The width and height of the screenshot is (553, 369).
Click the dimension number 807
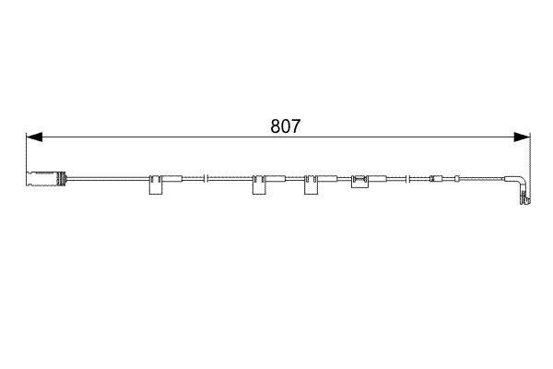(286, 127)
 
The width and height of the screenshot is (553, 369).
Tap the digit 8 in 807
(276, 127)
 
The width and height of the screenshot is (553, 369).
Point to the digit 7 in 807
(296, 127)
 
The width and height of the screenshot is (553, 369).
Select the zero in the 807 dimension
(286, 127)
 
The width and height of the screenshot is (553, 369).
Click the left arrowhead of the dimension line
(33, 137)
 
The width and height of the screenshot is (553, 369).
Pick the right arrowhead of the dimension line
(523, 137)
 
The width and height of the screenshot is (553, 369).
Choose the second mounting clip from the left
(259, 184)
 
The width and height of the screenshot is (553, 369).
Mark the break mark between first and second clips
(208, 178)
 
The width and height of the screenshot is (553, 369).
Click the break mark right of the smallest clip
(403, 178)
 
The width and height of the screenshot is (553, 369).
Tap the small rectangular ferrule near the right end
(437, 178)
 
